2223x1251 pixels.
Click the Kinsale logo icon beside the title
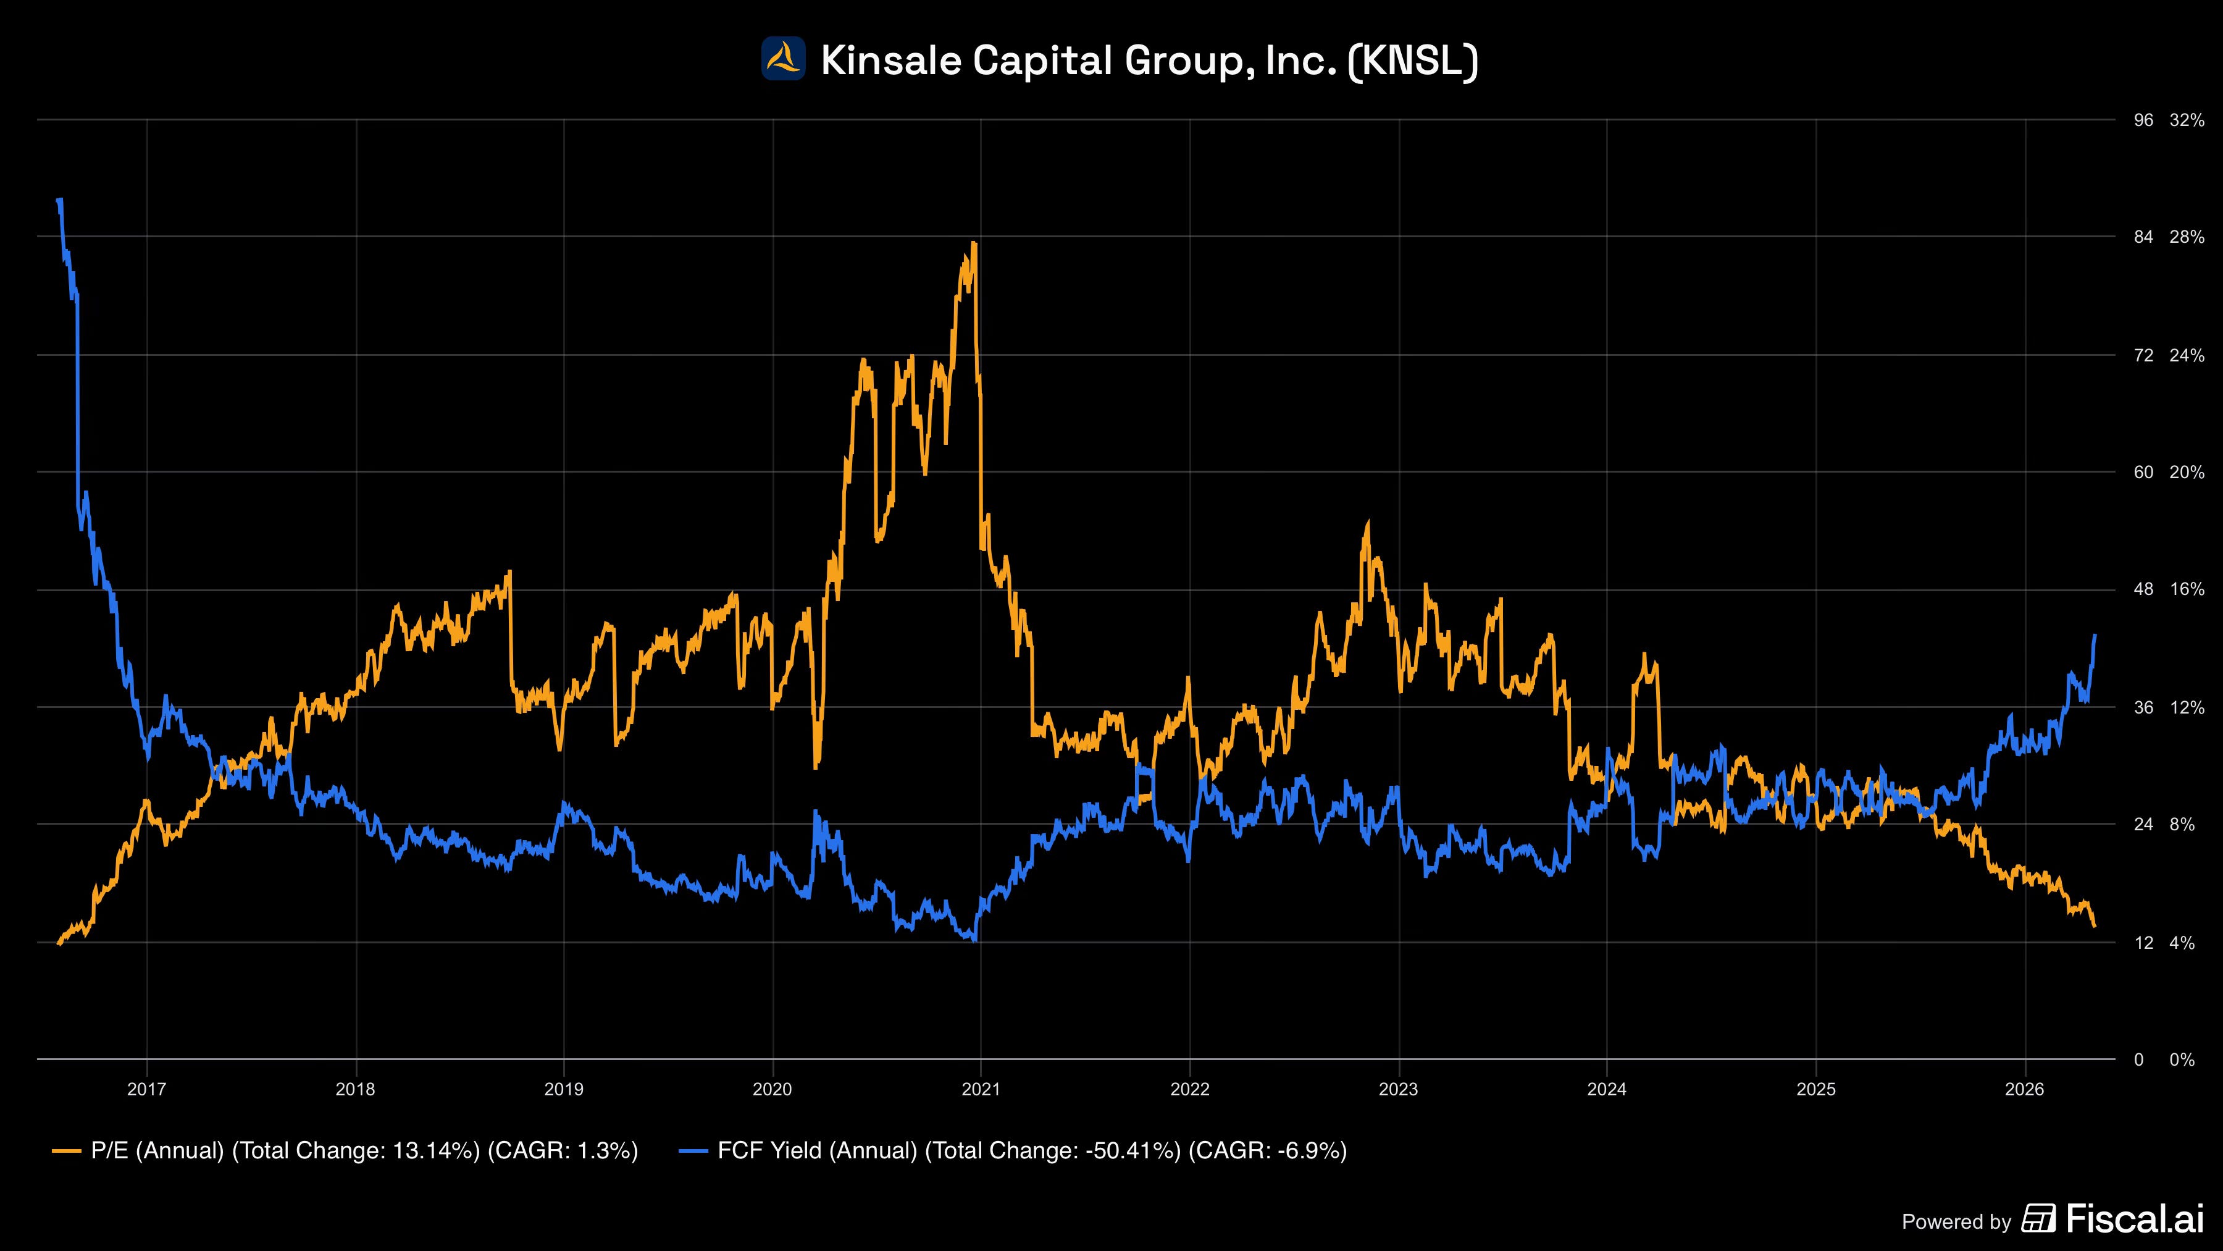783,59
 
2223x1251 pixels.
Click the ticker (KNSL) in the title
1412,61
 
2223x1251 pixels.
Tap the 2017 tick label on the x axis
147,1090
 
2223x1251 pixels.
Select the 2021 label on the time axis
981,1090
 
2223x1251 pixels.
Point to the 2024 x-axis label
1607,1090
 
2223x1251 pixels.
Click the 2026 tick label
2025,1090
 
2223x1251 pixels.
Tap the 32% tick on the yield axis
2186,120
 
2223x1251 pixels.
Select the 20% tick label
2186,472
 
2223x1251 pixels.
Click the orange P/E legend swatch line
67,1151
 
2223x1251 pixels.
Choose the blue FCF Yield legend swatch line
694,1151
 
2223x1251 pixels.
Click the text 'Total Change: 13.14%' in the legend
356,1151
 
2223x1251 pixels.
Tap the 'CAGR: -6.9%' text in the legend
1267,1151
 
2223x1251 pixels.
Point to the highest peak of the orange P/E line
974,243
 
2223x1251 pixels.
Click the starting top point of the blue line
59,200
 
